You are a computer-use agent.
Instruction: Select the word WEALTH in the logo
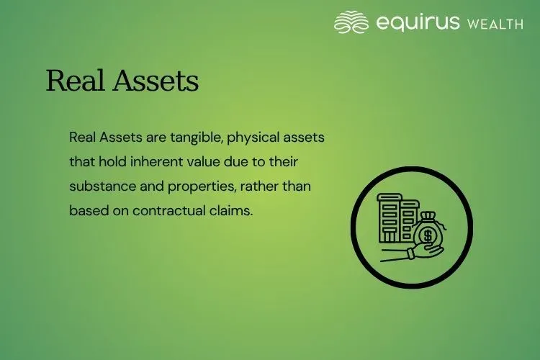click(x=495, y=24)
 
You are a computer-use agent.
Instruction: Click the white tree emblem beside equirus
click(x=351, y=22)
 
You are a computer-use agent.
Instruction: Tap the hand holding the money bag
click(x=407, y=252)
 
